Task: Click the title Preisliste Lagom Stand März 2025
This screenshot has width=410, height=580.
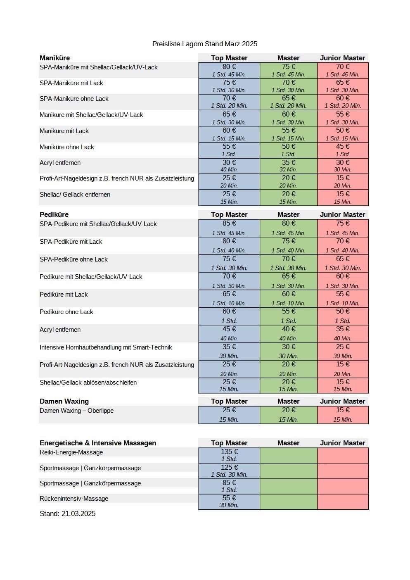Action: tap(204, 44)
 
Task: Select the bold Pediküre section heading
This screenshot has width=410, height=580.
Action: tap(54, 214)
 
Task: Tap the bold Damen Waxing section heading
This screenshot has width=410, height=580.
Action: tap(64, 401)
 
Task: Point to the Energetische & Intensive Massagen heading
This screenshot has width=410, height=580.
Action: tap(98, 443)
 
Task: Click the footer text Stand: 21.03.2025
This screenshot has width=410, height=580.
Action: tap(67, 513)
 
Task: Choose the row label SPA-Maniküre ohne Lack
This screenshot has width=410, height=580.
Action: tap(74, 99)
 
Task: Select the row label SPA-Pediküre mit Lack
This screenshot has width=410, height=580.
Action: tap(71, 242)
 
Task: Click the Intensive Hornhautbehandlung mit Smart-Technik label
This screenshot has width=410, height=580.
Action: tap(106, 347)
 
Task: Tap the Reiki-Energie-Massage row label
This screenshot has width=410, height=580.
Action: tap(71, 452)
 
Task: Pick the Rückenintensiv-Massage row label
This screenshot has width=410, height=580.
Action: tap(74, 499)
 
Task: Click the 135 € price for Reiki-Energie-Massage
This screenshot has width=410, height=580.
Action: tap(229, 452)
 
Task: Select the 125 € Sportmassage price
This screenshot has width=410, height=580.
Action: tap(229, 468)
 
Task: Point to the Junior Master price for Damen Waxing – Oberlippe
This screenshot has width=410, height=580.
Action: tap(343, 410)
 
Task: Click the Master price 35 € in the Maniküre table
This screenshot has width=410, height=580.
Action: tap(288, 162)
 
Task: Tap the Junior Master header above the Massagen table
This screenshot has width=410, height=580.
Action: tap(342, 443)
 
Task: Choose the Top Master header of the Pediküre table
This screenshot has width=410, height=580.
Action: tap(229, 214)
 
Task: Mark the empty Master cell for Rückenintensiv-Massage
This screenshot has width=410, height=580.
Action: tap(288, 502)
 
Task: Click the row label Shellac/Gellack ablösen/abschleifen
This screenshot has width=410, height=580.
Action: tap(88, 383)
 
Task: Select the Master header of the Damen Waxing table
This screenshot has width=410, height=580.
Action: tap(288, 401)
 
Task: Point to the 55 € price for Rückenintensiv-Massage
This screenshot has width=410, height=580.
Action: tap(229, 498)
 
